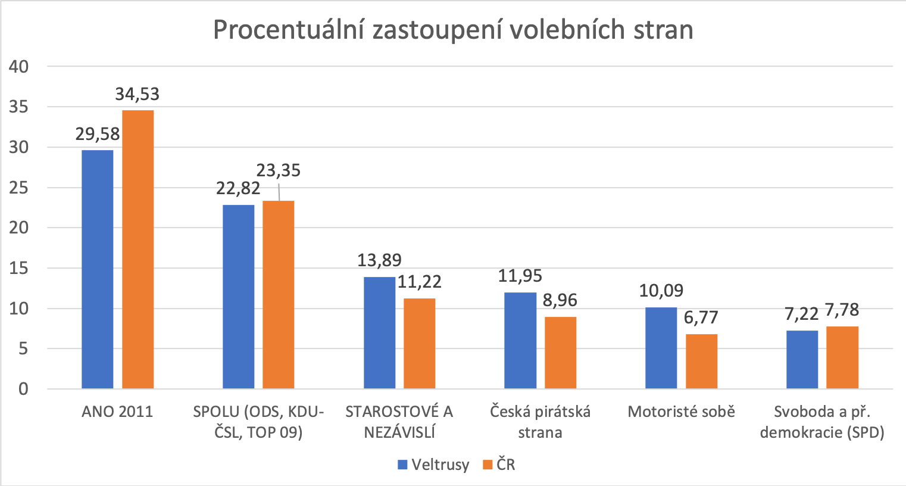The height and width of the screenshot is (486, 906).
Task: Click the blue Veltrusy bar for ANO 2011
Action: click(97, 269)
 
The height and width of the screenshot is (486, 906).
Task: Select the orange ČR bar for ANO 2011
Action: click(138, 250)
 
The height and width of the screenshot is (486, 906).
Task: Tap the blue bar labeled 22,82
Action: click(238, 297)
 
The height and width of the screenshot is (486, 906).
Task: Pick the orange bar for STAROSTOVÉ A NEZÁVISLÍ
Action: click(419, 344)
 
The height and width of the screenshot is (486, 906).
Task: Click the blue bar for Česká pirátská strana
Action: click(520, 341)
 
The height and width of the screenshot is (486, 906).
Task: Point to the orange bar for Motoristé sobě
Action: click(701, 362)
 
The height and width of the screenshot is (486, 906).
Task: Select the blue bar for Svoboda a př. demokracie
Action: click(802, 360)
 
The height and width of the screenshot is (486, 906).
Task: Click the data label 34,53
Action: click(138, 95)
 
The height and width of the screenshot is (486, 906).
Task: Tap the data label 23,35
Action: click(279, 171)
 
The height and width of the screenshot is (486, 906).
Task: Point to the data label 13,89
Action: click(379, 260)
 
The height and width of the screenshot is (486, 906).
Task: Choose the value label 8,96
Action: click(560, 300)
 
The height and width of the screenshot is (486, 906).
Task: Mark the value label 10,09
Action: click(661, 291)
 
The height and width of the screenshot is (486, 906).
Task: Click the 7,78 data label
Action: click(842, 310)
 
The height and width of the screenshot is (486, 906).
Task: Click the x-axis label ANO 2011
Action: click(117, 412)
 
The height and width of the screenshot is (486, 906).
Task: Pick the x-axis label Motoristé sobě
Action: click(681, 412)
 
